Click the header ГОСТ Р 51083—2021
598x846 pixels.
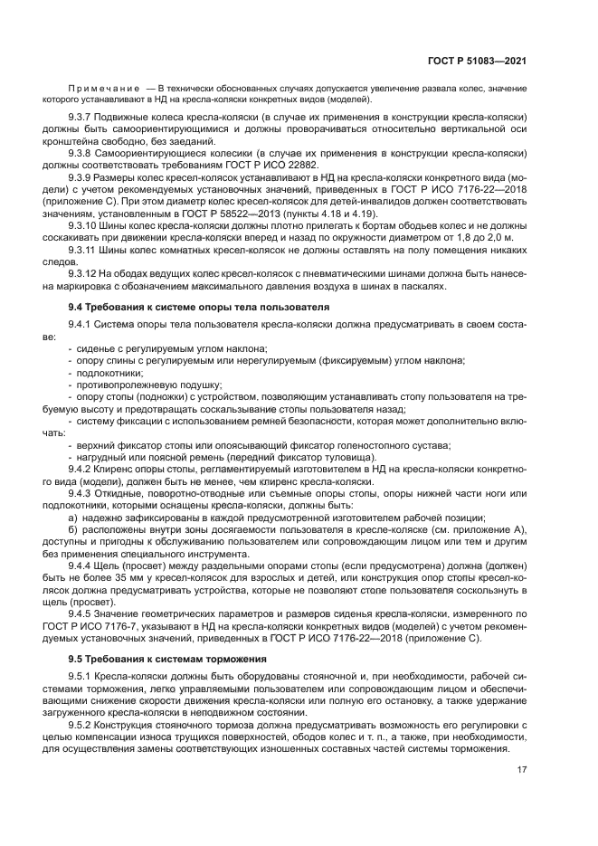click(479, 61)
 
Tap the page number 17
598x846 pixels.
click(522, 770)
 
